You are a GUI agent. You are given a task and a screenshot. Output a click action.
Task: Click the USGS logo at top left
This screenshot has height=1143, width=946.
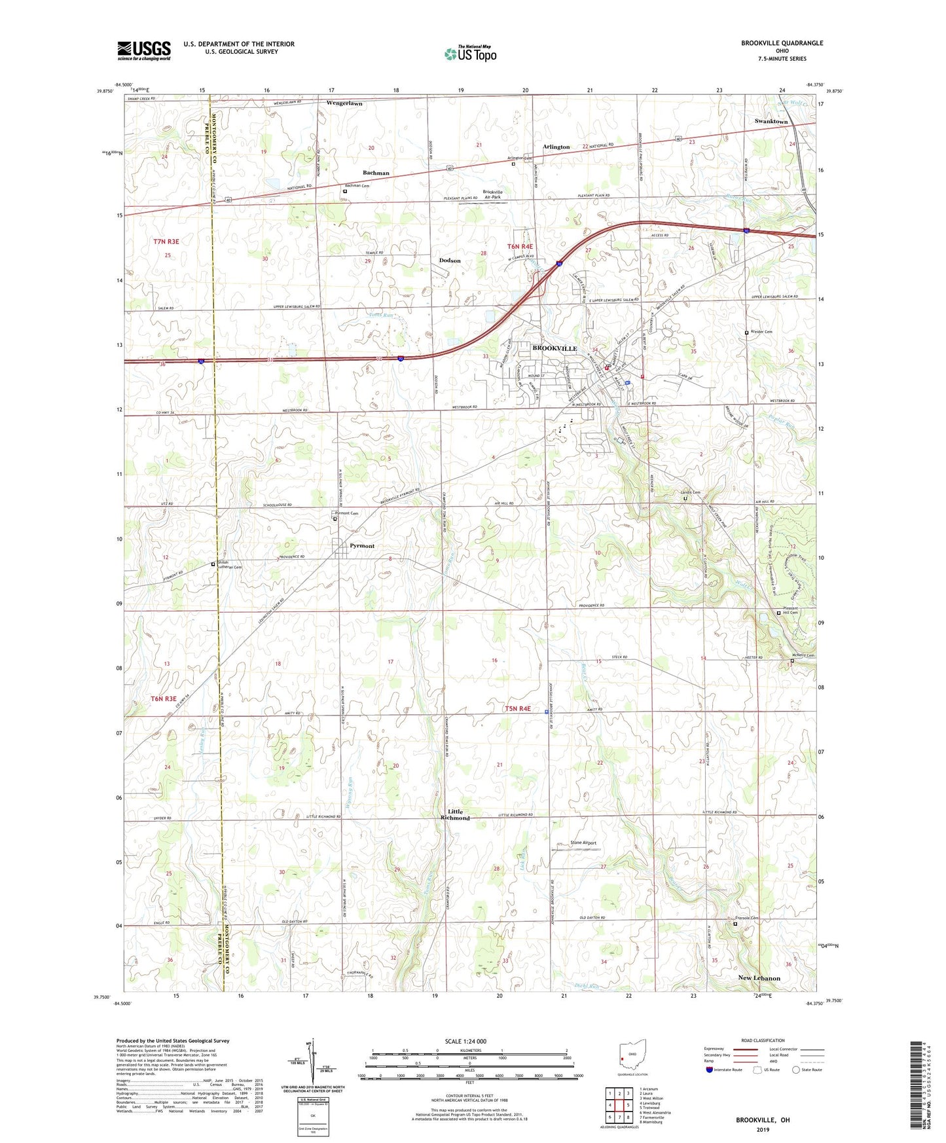[x=144, y=50]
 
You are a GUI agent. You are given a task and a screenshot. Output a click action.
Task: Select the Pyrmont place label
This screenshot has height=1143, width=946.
[x=361, y=545]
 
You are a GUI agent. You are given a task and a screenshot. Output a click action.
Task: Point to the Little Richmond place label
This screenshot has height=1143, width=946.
[x=455, y=814]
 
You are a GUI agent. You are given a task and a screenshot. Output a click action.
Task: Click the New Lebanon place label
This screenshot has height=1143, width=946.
[x=759, y=978]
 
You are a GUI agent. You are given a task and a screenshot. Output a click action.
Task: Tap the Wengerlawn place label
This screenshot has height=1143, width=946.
[x=344, y=103]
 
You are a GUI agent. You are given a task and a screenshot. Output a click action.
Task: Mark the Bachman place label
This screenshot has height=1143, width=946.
[x=376, y=173]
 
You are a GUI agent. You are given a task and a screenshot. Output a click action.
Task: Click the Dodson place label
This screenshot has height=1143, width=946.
[x=450, y=261]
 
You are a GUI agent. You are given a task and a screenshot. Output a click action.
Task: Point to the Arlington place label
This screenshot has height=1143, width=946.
[x=556, y=147]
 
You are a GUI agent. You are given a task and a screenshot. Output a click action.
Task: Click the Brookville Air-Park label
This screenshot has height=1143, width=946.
[x=492, y=194]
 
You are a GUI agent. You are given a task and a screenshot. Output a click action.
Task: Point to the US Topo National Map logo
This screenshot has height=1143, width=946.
[x=469, y=54]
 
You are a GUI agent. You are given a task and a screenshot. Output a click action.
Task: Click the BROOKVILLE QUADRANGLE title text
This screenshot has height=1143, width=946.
[x=782, y=43]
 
